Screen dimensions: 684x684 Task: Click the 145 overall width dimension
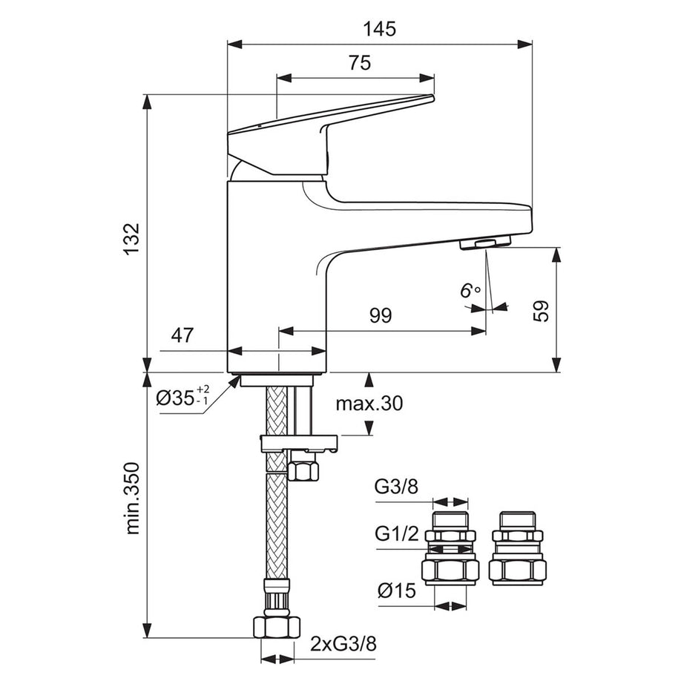tap(380, 30)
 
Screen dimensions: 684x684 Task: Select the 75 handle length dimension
tap(359, 64)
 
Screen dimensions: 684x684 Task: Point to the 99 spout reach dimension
tap(380, 316)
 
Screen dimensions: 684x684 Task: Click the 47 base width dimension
tap(182, 335)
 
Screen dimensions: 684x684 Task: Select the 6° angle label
tap(470, 291)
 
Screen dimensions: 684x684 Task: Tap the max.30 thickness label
tap(368, 404)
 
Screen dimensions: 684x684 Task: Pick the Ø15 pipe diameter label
tap(395, 591)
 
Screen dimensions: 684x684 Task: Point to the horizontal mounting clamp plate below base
tap(299, 443)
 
